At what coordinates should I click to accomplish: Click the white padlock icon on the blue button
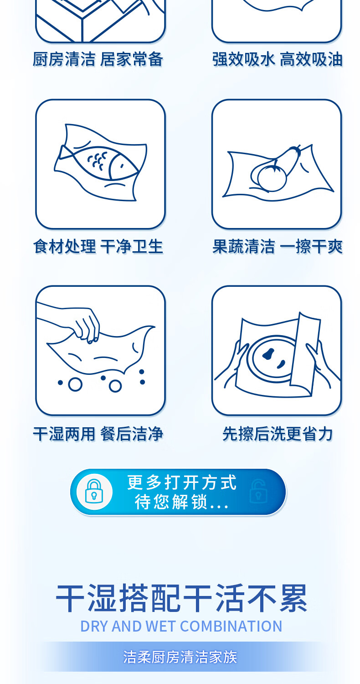tap(94, 491)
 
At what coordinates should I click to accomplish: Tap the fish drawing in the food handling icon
tap(98, 164)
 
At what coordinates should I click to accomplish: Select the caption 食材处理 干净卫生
tap(98, 246)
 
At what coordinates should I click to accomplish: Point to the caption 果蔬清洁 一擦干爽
tap(277, 246)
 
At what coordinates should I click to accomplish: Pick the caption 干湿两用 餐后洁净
tap(98, 434)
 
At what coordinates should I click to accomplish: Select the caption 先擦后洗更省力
tap(277, 434)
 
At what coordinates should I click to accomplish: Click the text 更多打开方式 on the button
tap(181, 482)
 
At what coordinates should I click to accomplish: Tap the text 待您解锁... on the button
tap(181, 502)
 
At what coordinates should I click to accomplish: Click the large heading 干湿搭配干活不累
tap(181, 598)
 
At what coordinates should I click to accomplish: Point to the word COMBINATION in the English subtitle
tap(231, 626)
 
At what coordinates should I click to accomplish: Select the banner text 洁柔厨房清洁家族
tap(180, 657)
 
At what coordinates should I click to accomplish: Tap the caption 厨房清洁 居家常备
tap(98, 59)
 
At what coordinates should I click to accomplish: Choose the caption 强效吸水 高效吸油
tap(277, 59)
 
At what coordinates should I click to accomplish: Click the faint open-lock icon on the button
tap(258, 491)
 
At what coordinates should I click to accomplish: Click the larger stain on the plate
tap(268, 353)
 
